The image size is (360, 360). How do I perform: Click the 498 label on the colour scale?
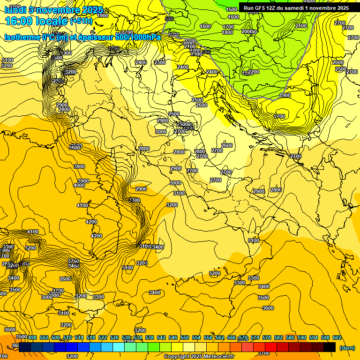tap(32, 337)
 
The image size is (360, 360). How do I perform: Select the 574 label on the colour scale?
tap(255, 337)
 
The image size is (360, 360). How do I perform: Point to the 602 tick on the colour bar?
tap(337, 337)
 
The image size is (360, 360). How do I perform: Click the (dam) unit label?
tap(347, 348)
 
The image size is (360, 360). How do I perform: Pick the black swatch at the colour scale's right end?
tap(330, 347)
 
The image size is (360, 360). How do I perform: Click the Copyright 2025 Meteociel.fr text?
tap(199, 357)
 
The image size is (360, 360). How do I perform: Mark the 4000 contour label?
tap(79, 185)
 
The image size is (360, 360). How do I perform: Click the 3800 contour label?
tap(79, 166)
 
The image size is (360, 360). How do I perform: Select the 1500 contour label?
tap(232, 9)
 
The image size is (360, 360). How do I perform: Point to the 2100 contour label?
tap(301, 26)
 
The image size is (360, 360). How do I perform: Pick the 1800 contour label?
tap(227, 32)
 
